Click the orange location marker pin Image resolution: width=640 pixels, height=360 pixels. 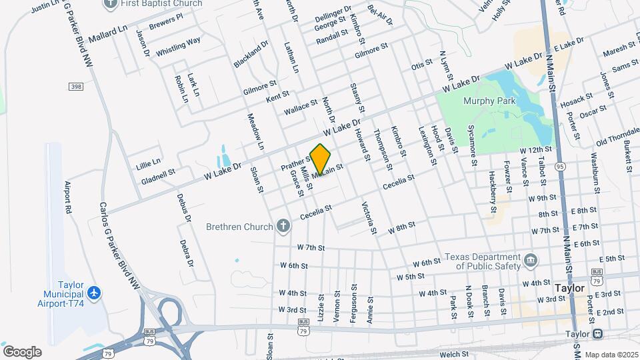point(321,159)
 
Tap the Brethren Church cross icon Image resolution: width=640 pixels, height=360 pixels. point(283,225)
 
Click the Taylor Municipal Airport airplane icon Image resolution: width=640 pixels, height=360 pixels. point(95,293)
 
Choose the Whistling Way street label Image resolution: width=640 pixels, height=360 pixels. point(178,47)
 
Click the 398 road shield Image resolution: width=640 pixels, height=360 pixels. point(75,87)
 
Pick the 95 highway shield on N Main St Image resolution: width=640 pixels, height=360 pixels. point(559,166)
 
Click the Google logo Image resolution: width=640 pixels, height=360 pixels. point(21,351)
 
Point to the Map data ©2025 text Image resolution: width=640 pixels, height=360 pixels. point(611,355)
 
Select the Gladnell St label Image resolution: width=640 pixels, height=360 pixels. point(158,175)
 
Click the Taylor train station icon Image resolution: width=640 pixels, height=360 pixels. point(597,334)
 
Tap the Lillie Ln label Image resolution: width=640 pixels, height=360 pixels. point(148,162)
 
